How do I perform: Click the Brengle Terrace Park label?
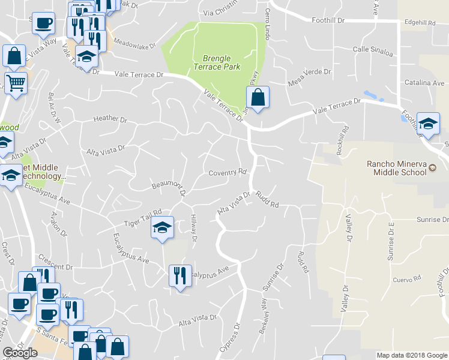tap(216, 62)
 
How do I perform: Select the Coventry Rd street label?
tap(228, 173)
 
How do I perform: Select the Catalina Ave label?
tap(424, 83)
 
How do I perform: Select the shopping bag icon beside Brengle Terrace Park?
tap(257, 97)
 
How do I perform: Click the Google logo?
tap(20, 353)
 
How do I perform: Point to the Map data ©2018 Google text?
tap(411, 355)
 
